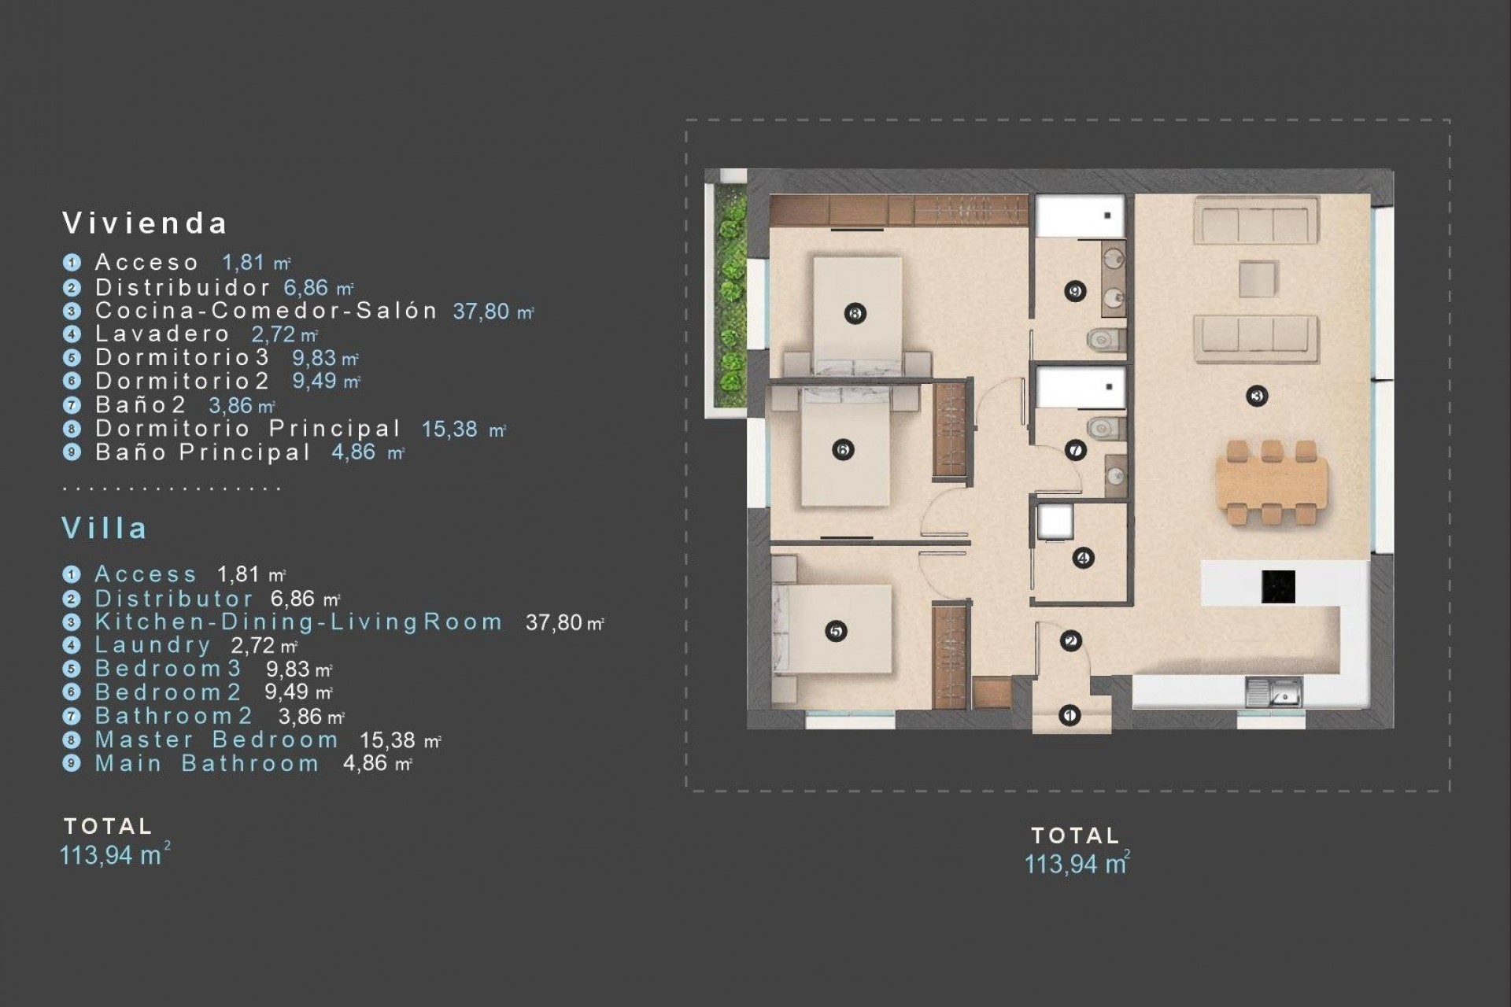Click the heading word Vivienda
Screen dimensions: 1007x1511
145,223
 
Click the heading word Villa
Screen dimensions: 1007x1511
105,528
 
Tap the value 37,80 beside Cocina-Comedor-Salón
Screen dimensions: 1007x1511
482,312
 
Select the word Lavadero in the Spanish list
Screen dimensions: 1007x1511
162,334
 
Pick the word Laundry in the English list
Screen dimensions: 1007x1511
153,645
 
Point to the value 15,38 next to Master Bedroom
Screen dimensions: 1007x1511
387,740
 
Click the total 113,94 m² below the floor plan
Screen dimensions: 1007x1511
1076,864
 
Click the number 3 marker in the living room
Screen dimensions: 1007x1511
1257,396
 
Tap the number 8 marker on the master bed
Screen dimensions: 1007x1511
855,313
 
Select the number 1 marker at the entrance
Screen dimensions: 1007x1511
1069,715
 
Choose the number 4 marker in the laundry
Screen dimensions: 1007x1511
1083,558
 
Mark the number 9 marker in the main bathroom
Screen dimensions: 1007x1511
1075,291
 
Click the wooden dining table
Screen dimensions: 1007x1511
1271,481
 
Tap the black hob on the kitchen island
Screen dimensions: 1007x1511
1278,586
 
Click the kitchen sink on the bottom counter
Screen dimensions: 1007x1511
1273,692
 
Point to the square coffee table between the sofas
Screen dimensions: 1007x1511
1258,278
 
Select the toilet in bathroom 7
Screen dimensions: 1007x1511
1106,428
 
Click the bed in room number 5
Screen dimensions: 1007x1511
834,629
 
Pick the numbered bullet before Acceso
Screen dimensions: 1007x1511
72,263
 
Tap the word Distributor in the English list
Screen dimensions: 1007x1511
174,599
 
